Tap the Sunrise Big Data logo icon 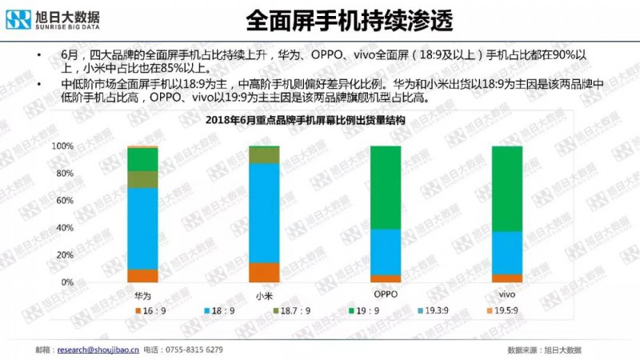pyautogui.click(x=17, y=17)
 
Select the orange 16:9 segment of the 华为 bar pyautogui.click(x=142, y=275)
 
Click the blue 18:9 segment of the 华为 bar pyautogui.click(x=142, y=228)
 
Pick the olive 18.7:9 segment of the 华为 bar pyautogui.click(x=142, y=179)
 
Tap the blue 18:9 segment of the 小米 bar pyautogui.click(x=264, y=213)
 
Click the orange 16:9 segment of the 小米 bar pyautogui.click(x=264, y=272)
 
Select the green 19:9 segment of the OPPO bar pyautogui.click(x=386, y=187)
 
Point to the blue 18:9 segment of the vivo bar pyautogui.click(x=506, y=253)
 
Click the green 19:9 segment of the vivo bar pyautogui.click(x=506, y=189)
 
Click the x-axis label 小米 pyautogui.click(x=264, y=294)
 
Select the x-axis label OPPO pyautogui.click(x=386, y=294)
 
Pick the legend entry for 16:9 pyautogui.click(x=151, y=310)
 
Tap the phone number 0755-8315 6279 pyautogui.click(x=194, y=350)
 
